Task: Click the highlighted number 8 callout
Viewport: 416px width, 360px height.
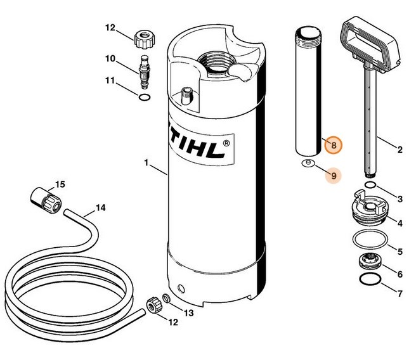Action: point(333,145)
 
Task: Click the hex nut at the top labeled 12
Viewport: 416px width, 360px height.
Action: point(144,38)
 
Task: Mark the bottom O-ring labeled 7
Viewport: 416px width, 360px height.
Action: point(370,279)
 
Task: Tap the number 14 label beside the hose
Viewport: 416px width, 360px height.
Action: point(100,207)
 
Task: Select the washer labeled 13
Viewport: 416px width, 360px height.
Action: point(167,298)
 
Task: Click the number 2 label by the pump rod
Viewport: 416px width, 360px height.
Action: point(399,150)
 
